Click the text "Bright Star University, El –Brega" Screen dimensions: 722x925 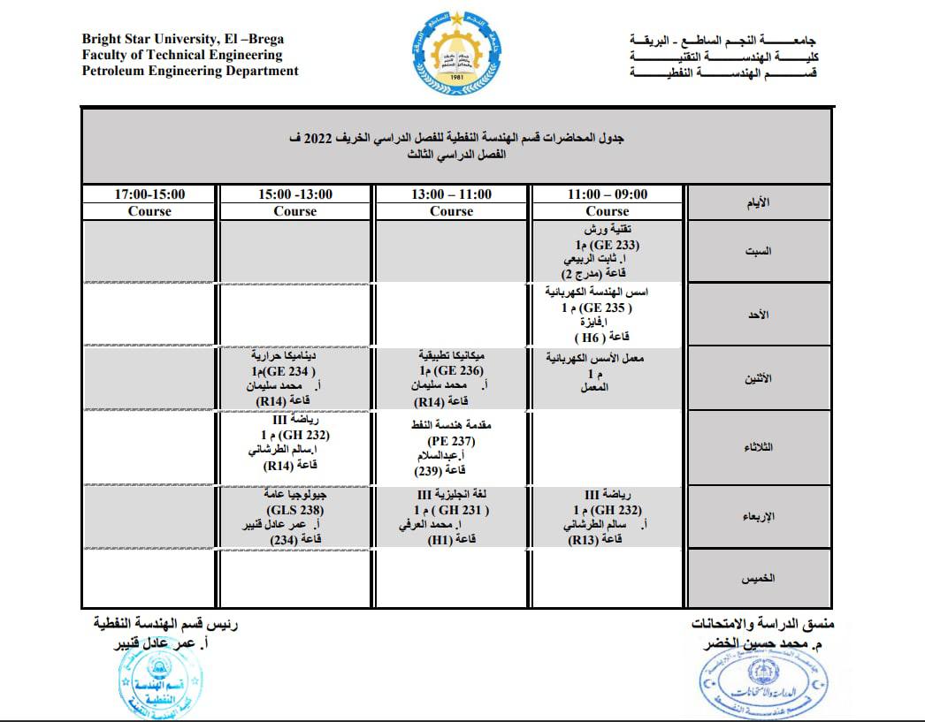[x=183, y=40]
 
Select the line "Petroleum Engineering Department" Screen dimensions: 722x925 [x=190, y=72]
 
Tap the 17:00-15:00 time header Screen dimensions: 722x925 [x=149, y=194]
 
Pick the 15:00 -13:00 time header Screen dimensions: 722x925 [x=295, y=194]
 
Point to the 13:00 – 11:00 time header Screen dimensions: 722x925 [x=452, y=194]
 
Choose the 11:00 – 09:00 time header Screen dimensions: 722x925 [x=608, y=194]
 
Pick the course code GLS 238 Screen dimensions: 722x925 [x=295, y=511]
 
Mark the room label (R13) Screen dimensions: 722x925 [x=589, y=539]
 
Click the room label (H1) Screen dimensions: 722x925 [x=440, y=539]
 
